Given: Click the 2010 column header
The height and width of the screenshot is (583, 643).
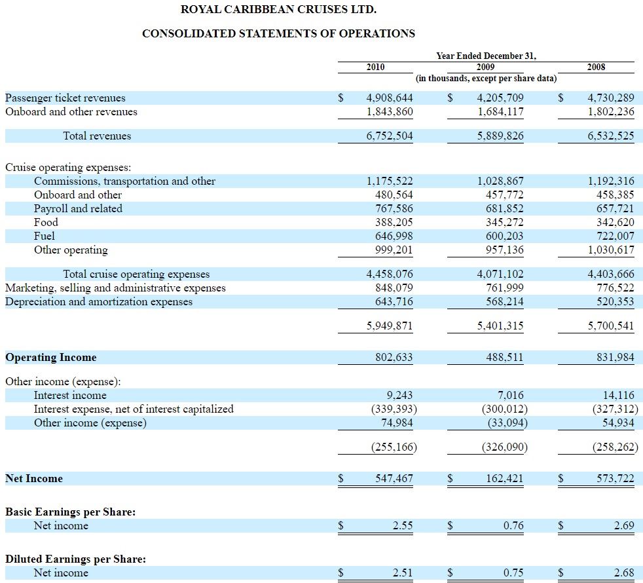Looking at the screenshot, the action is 375,67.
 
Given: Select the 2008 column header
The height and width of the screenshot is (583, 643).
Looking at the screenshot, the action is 596,67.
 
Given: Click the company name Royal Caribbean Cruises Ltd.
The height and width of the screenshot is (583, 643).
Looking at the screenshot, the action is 278,9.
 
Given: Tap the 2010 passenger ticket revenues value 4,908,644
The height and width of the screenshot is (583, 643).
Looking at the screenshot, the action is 390,98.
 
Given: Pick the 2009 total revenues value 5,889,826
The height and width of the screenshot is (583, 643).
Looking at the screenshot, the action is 500,136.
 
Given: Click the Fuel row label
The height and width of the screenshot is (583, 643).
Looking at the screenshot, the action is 45,236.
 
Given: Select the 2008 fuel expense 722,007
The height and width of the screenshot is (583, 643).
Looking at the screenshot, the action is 615,236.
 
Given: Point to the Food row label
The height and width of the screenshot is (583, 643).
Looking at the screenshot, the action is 46,222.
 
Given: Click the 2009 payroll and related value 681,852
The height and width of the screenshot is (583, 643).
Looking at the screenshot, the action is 505,208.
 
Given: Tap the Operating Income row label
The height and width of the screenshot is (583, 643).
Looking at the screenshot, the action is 51,358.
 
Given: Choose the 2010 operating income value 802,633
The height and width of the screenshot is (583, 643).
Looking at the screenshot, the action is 394,358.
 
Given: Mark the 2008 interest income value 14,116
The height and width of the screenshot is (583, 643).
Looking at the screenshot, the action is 618,395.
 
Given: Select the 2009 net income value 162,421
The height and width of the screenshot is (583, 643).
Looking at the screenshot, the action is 505,478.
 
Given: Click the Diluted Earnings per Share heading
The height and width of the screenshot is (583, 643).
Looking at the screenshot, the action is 75,559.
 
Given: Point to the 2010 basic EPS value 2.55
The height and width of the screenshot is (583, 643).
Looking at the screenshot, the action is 403,525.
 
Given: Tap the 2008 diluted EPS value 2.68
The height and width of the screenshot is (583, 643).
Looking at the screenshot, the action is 624,573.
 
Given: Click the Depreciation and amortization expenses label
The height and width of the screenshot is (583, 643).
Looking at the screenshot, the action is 99,302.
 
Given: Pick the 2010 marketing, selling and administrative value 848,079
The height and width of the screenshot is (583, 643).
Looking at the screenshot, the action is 394,288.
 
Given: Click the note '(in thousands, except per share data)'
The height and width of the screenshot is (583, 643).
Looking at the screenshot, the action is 487,79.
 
